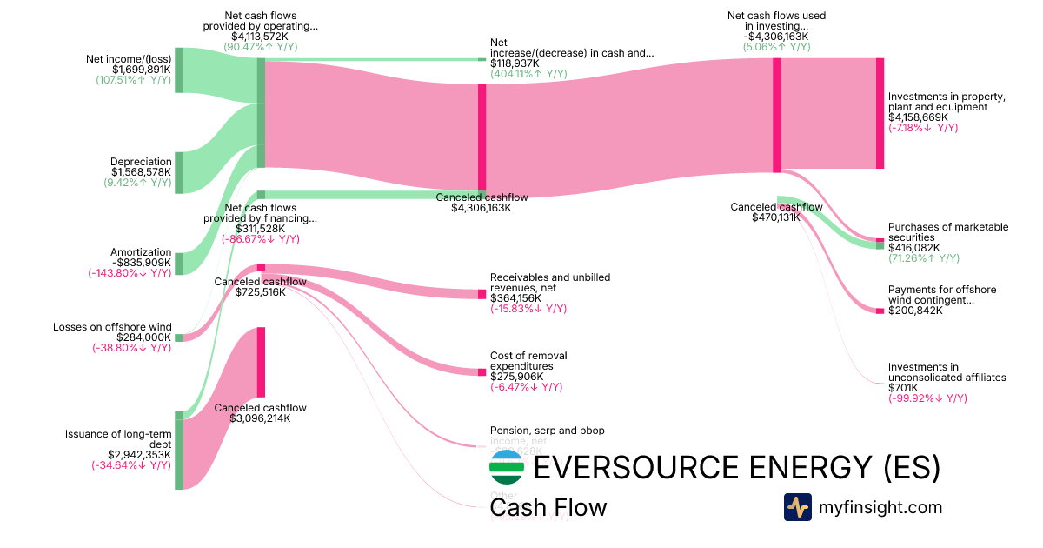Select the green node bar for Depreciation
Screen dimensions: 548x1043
tap(179, 172)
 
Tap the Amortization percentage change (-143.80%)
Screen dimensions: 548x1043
tap(130, 272)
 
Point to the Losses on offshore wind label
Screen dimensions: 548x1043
tap(112, 327)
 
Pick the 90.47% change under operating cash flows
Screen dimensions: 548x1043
tap(260, 47)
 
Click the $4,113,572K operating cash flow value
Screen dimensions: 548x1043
tap(260, 37)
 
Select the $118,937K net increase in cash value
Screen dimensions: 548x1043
tap(515, 63)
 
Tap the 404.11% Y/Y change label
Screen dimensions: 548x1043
tap(528, 74)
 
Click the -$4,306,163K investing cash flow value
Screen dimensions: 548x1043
tap(776, 37)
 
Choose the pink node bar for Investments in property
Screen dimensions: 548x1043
tap(880, 113)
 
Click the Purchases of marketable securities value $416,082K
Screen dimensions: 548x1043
tap(913, 248)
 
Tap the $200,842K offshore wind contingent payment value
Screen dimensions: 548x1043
tap(915, 311)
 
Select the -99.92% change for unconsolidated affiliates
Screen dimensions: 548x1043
tap(927, 398)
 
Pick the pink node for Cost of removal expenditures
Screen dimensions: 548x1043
tap(482, 372)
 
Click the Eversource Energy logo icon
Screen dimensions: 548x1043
tap(507, 467)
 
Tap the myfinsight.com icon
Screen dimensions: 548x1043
tap(797, 507)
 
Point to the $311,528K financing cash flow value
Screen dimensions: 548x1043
tap(260, 229)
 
